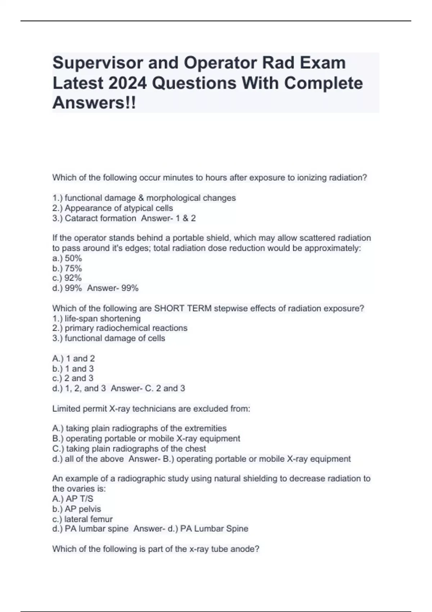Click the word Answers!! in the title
click(x=94, y=103)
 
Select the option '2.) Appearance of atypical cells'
click(x=112, y=208)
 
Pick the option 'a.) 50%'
click(x=67, y=258)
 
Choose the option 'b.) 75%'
click(x=67, y=268)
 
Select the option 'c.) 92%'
click(x=67, y=278)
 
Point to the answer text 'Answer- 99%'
click(x=113, y=288)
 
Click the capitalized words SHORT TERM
click(x=183, y=309)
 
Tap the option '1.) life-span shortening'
click(x=96, y=319)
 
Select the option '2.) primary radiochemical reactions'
click(x=120, y=328)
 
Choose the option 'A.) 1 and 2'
click(x=73, y=359)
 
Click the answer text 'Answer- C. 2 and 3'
click(x=148, y=388)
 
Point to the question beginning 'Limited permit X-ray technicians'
click(x=151, y=409)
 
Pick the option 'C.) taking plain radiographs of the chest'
click(x=129, y=449)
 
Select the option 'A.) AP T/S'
click(x=73, y=499)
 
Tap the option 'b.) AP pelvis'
click(x=76, y=509)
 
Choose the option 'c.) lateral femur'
click(x=82, y=519)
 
